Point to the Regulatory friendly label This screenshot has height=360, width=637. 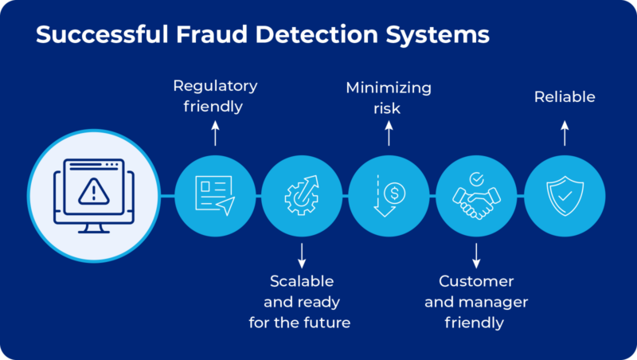coord(215,95)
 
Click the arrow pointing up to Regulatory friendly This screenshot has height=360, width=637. coord(215,134)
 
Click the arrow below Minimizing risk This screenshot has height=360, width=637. coord(389,134)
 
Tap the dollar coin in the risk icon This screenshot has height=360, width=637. coord(393,192)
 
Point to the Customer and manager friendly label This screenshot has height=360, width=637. coord(476,302)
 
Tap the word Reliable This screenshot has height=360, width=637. coord(565,98)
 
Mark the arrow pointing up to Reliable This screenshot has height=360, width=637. coord(565,134)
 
